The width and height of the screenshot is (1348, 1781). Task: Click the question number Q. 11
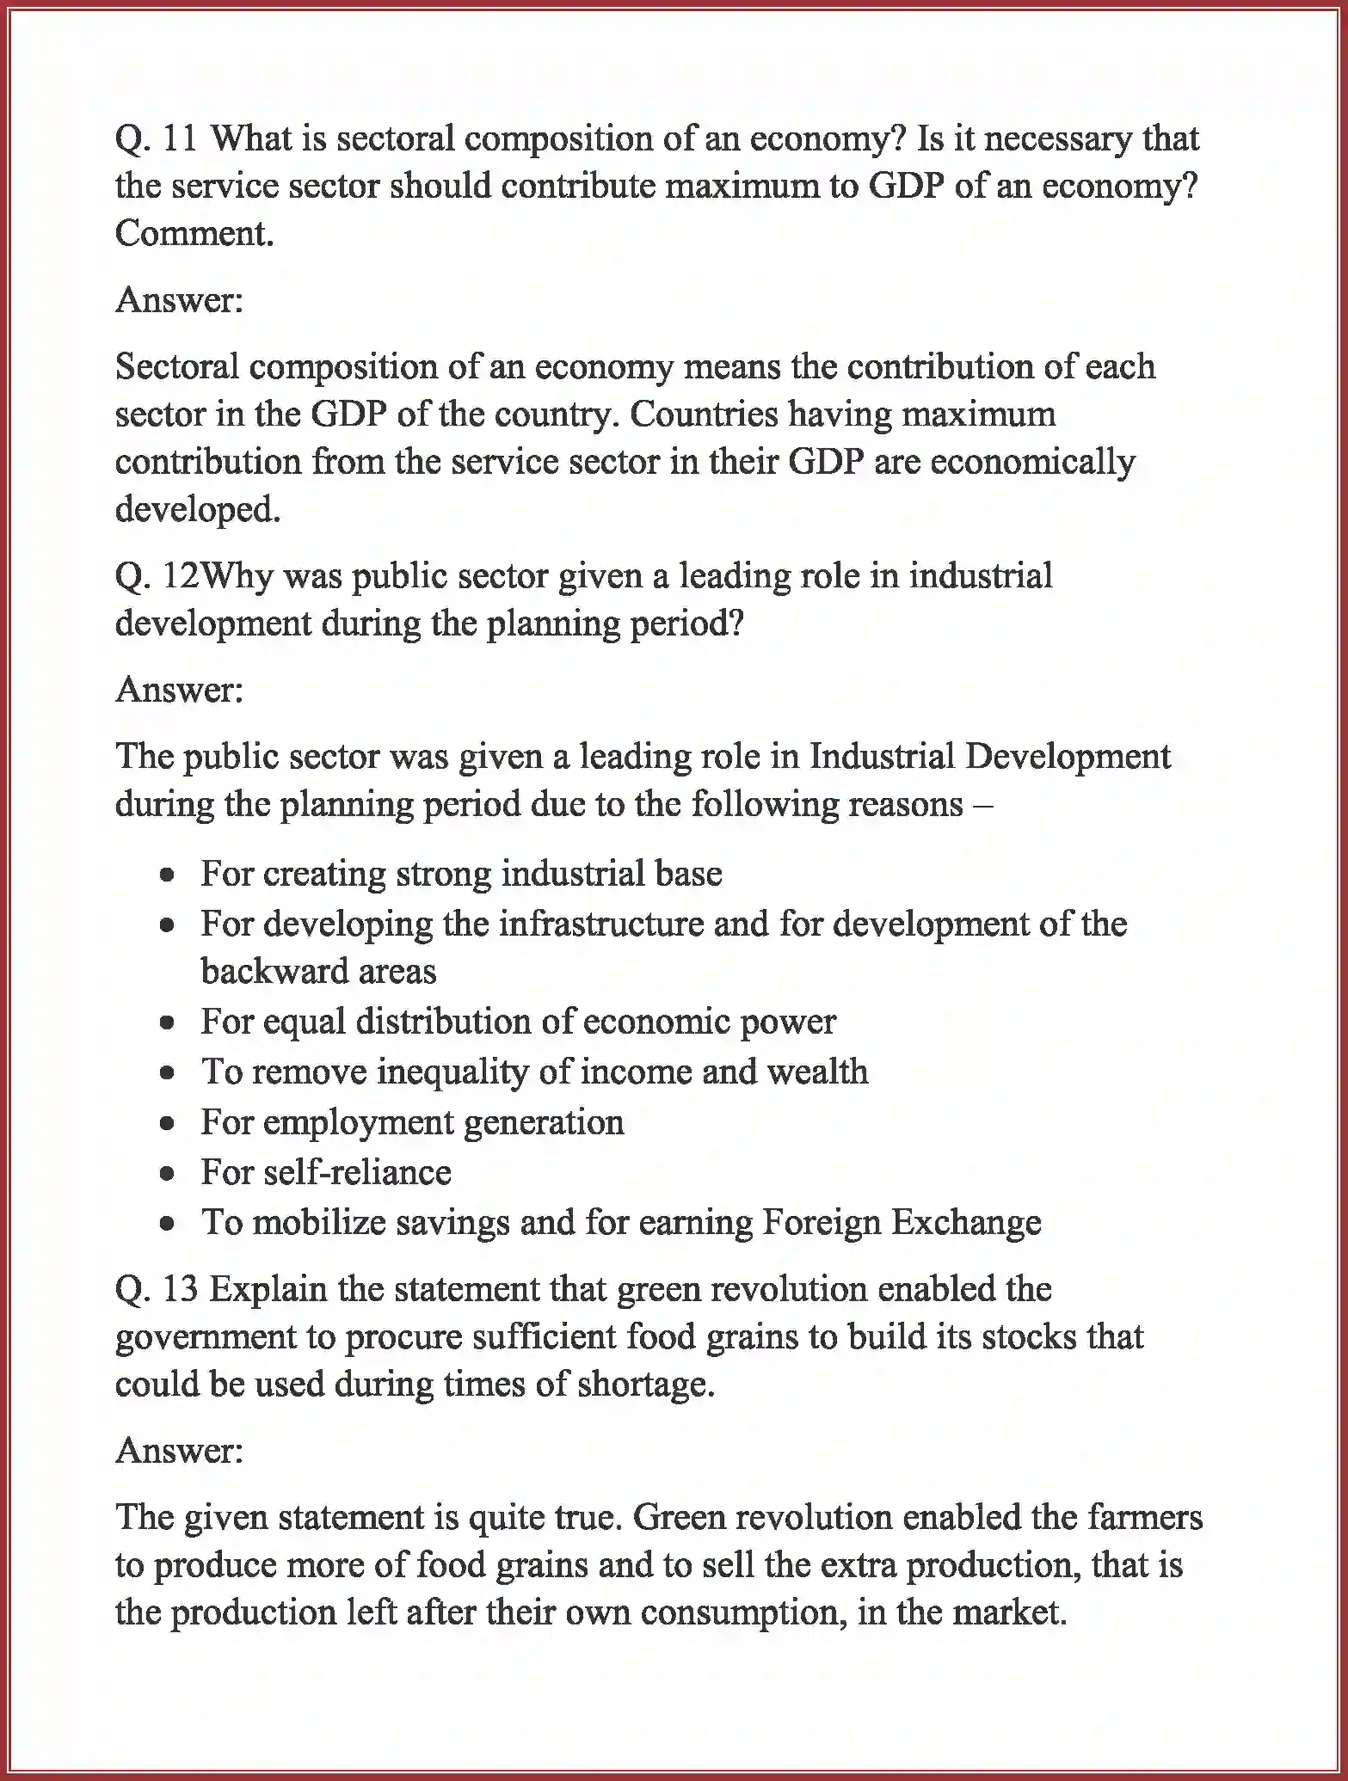pyautogui.click(x=156, y=138)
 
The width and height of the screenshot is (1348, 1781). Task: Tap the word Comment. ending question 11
pyautogui.click(x=194, y=233)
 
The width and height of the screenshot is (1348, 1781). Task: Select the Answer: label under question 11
pyautogui.click(x=179, y=300)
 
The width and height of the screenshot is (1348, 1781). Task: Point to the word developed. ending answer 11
pyautogui.click(x=198, y=509)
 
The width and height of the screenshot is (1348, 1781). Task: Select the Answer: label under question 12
pyautogui.click(x=179, y=690)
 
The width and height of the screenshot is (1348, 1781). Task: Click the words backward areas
pyautogui.click(x=318, y=972)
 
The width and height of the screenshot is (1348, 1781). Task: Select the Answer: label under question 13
pyautogui.click(x=179, y=1451)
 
